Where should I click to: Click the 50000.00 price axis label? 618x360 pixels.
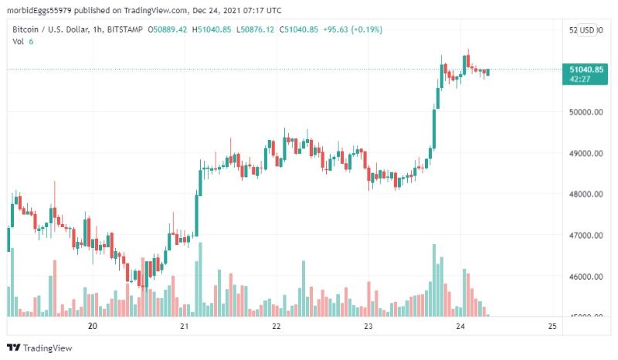pyautogui.click(x=585, y=112)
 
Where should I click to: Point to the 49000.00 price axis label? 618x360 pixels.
pyautogui.click(x=585, y=153)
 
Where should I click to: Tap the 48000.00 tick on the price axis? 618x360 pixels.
pyautogui.click(x=585, y=194)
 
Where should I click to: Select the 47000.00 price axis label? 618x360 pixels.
pyautogui.click(x=585, y=235)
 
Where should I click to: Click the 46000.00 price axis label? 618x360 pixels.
pyautogui.click(x=585, y=277)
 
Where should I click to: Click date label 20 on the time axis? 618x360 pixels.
pyautogui.click(x=93, y=327)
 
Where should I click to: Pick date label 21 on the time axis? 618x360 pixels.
pyautogui.click(x=185, y=327)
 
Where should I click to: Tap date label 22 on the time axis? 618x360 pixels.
pyautogui.click(x=277, y=327)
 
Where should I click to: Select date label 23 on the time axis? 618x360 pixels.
pyautogui.click(x=368, y=327)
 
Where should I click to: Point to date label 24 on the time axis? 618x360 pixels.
pyautogui.click(x=460, y=327)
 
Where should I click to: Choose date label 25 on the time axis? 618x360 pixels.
pyautogui.click(x=552, y=327)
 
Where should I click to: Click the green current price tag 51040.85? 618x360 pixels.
pyautogui.click(x=587, y=73)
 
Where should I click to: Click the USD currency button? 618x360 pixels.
pyautogui.click(x=588, y=30)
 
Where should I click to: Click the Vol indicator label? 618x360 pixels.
pyautogui.click(x=18, y=42)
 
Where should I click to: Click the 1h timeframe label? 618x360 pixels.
pyautogui.click(x=101, y=30)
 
